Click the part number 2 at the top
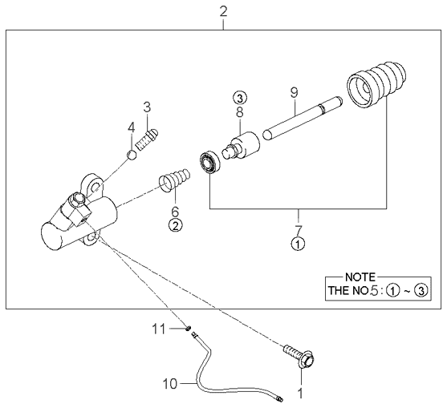(223, 11)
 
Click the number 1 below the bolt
(302, 394)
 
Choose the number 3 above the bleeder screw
(147, 106)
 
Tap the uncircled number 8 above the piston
(240, 114)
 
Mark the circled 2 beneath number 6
(175, 225)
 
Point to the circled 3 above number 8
(240, 97)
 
